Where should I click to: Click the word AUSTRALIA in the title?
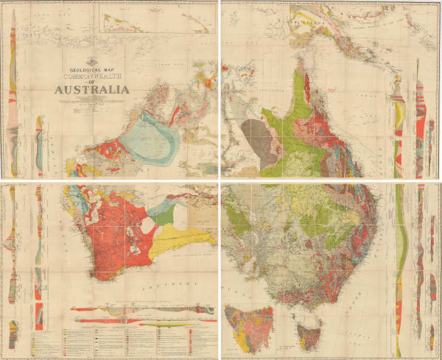[90, 90]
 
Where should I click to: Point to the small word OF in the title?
[90, 82]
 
